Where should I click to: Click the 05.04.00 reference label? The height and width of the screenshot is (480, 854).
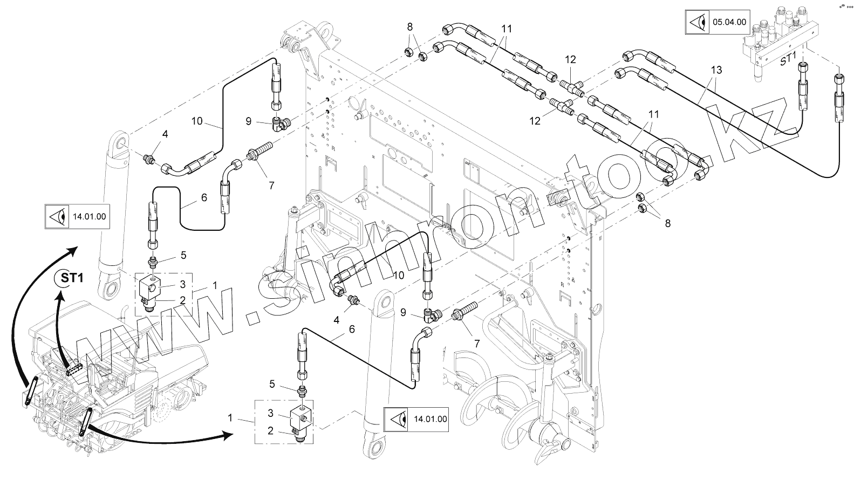[x=730, y=22]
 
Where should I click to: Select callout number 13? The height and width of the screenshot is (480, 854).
[x=716, y=70]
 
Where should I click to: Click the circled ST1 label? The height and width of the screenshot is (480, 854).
[x=71, y=279]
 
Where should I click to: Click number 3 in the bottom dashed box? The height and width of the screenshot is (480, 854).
[x=271, y=413]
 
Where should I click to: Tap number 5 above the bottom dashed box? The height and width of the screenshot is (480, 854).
[x=272, y=384]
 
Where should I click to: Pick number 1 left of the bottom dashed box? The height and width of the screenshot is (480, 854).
[x=230, y=417]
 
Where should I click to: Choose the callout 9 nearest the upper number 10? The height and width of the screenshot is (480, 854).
[x=248, y=122]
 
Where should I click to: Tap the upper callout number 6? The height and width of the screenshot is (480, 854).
[x=203, y=198]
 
